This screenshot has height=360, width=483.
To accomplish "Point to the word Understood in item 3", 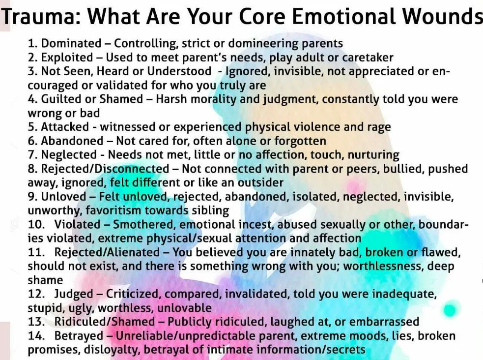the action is [179, 71].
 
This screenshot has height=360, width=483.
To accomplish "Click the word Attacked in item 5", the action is [65, 127].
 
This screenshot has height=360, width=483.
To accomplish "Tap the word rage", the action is [379, 127].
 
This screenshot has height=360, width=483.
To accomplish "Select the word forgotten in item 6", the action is [300, 141].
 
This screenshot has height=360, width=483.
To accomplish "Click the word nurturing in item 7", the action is [373, 155].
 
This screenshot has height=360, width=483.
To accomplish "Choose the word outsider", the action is [260, 182].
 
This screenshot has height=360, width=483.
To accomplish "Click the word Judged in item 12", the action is [74, 294].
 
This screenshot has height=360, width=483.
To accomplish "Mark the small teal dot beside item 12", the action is [450, 310].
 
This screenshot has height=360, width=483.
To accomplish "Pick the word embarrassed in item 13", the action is [384, 322].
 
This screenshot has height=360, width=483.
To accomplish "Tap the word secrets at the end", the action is [346, 350].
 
